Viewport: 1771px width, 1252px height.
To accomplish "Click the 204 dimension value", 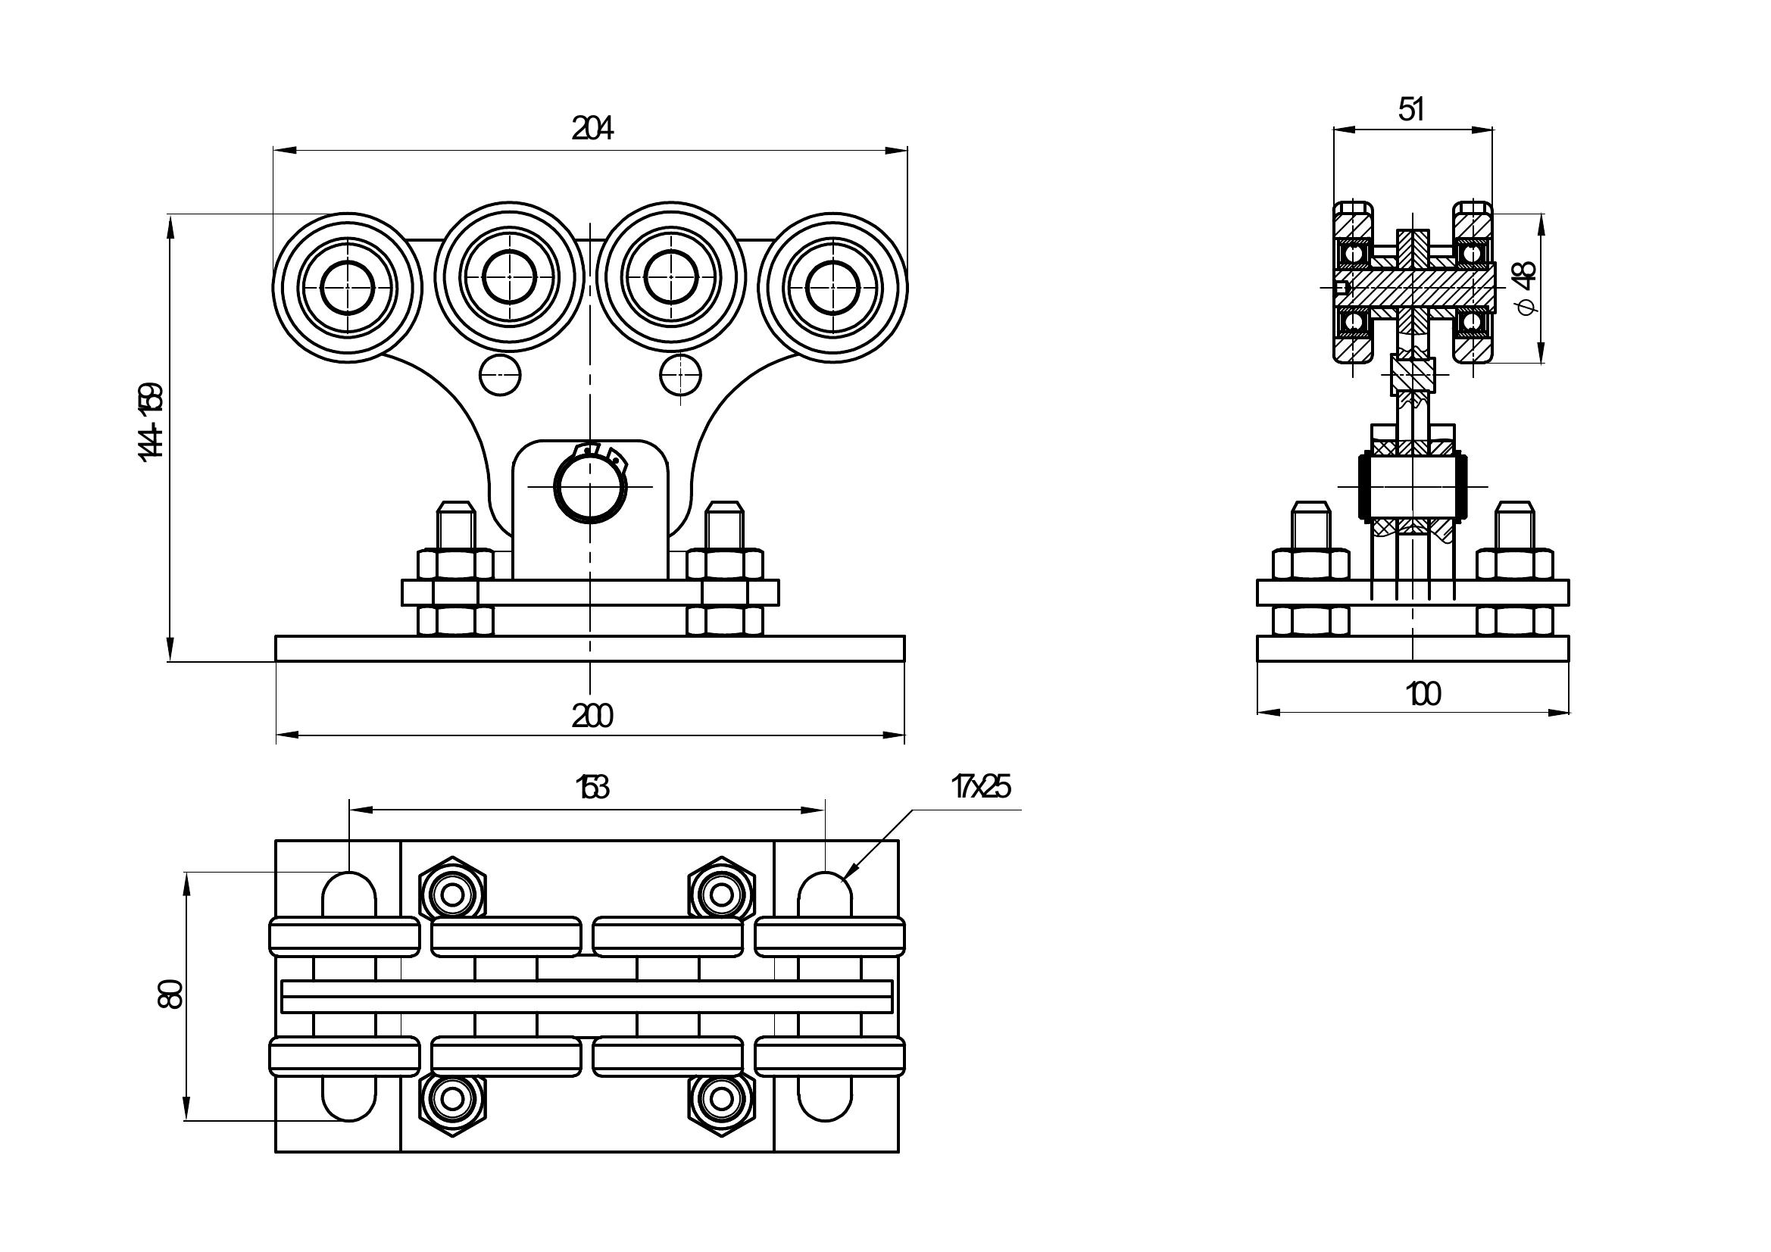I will coord(592,128).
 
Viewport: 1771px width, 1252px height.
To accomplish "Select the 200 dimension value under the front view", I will coord(592,717).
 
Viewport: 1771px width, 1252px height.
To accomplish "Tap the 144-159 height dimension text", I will coord(151,423).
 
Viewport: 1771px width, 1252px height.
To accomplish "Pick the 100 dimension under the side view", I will coord(1423,695).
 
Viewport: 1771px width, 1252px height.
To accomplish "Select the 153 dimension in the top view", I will coord(592,788).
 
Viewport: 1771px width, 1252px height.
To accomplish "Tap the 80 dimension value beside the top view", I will coord(170,994).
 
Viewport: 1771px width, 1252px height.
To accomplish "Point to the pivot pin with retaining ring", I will coord(590,488).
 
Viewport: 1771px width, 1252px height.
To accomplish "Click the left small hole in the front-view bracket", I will coord(500,376).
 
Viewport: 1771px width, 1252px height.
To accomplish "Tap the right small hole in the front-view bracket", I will coord(681,376).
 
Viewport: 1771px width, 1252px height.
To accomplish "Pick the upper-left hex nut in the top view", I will coord(452,895).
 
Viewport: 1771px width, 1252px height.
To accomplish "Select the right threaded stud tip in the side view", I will coord(1515,510).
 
